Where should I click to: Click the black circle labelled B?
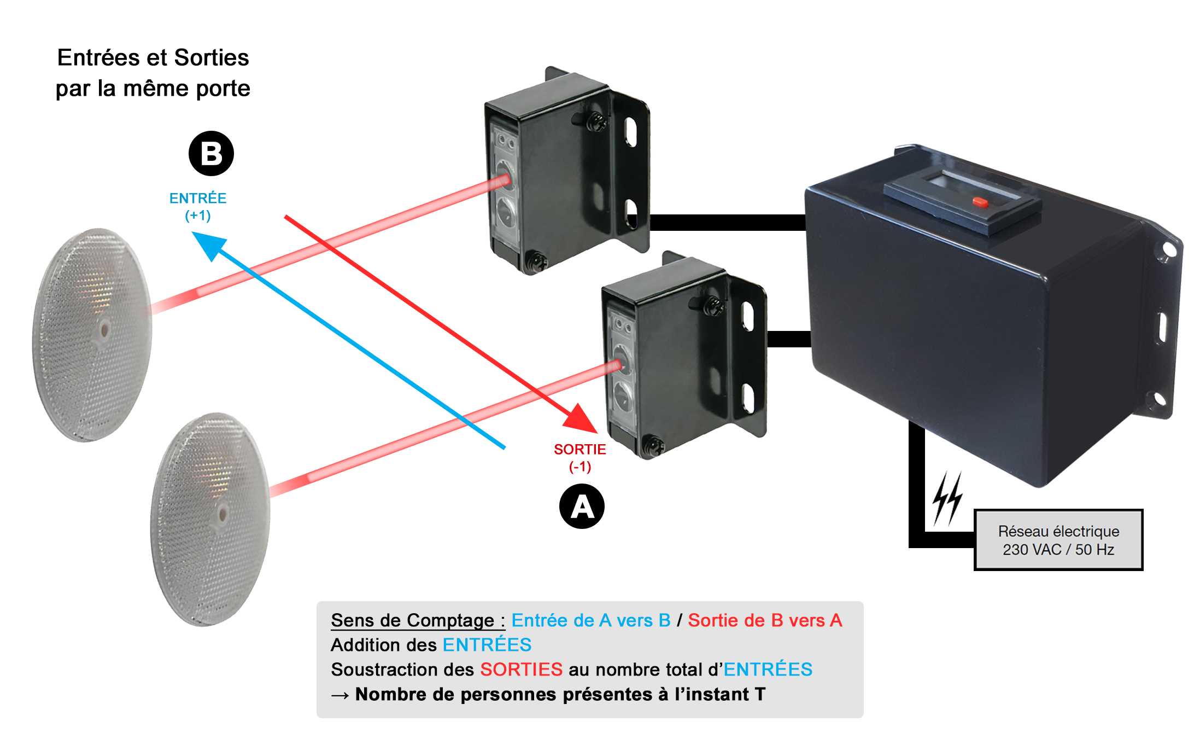coord(211,154)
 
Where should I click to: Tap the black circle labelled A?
coord(582,507)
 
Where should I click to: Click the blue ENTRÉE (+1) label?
coord(197,206)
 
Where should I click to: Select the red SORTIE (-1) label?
coord(579,457)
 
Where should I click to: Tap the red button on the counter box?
coord(980,202)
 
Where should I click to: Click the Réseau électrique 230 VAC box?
coord(1058,540)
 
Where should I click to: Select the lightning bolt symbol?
coord(947,498)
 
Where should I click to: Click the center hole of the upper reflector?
coord(104,330)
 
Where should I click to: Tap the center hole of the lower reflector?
coord(223,514)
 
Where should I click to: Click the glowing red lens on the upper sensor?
coord(504,179)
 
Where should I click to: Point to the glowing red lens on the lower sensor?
coord(619,364)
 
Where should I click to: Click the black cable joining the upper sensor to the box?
coord(727,223)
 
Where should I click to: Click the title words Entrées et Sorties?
coord(153,57)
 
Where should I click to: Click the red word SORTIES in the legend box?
coord(521,670)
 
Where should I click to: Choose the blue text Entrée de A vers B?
coord(590,620)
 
